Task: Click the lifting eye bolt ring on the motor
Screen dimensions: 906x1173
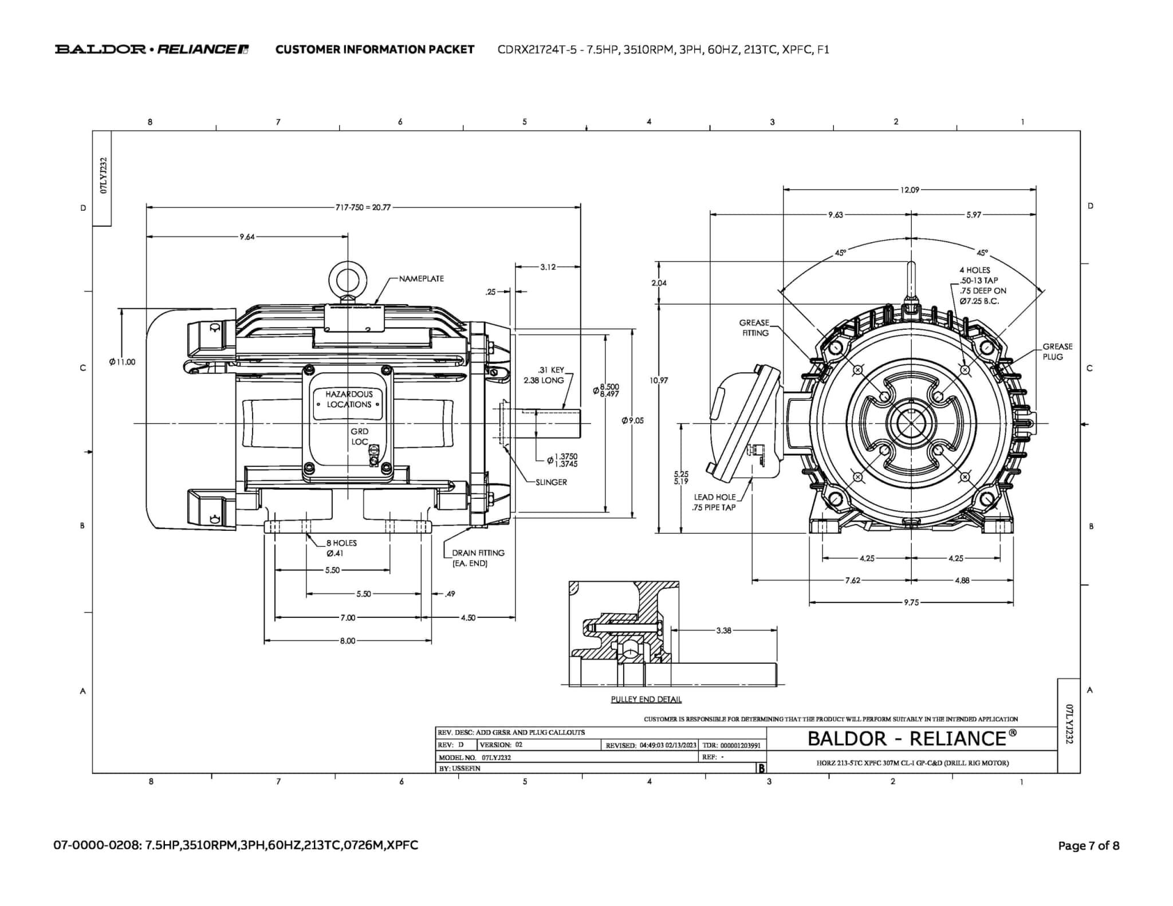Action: pyautogui.click(x=347, y=280)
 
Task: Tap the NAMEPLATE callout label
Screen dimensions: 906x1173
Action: pyautogui.click(x=421, y=279)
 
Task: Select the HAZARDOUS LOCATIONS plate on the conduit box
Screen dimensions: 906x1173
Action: pyautogui.click(x=349, y=399)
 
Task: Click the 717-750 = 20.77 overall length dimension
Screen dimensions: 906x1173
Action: pyautogui.click(x=363, y=207)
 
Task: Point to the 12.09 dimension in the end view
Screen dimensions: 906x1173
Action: pyautogui.click(x=910, y=190)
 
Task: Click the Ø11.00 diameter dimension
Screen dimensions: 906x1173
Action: pyautogui.click(x=122, y=362)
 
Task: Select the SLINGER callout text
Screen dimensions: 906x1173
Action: pyautogui.click(x=551, y=482)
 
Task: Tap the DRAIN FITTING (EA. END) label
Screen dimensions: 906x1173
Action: pyautogui.click(x=478, y=558)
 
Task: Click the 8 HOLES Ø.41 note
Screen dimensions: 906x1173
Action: pyautogui.click(x=341, y=548)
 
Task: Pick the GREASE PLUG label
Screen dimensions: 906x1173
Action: pyautogui.click(x=1057, y=352)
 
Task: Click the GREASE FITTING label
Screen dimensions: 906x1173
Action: pyautogui.click(x=754, y=328)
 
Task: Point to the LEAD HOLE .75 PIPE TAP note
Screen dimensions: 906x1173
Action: pyautogui.click(x=714, y=502)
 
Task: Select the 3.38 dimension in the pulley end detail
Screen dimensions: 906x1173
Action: pyautogui.click(x=723, y=631)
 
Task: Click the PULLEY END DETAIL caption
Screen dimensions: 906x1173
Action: pyautogui.click(x=645, y=699)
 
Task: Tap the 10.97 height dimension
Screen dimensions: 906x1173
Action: pyautogui.click(x=659, y=380)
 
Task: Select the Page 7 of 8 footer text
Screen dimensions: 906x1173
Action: pyautogui.click(x=1088, y=846)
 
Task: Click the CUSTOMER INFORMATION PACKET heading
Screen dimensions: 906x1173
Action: pyautogui.click(x=375, y=49)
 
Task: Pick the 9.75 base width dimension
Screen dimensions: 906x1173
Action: pyautogui.click(x=911, y=602)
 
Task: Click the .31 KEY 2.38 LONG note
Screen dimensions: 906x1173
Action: pyautogui.click(x=544, y=375)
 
